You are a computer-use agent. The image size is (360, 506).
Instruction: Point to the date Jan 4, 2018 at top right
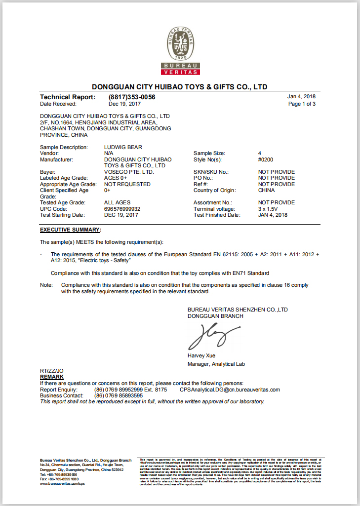[x=301, y=97]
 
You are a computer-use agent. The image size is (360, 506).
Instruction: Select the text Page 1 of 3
[x=302, y=104]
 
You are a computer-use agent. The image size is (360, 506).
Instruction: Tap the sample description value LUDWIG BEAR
[x=123, y=147]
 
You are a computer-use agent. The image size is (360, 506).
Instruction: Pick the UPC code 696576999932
[x=122, y=209]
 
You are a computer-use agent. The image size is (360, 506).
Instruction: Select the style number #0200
[x=266, y=159]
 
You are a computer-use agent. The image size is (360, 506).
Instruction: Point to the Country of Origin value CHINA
[x=267, y=190]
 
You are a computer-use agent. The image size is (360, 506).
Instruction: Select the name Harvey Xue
[x=201, y=355]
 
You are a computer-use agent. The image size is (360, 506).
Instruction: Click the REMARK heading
[x=52, y=377]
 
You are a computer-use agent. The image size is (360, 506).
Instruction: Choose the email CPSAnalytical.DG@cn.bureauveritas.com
[x=230, y=389]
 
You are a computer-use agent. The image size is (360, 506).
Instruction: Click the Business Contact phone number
[x=119, y=395]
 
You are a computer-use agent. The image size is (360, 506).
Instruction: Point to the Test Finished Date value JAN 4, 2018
[x=273, y=215]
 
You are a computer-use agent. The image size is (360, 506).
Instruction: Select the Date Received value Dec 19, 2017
[x=125, y=104]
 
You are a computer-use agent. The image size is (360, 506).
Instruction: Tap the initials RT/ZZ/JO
[x=51, y=371]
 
